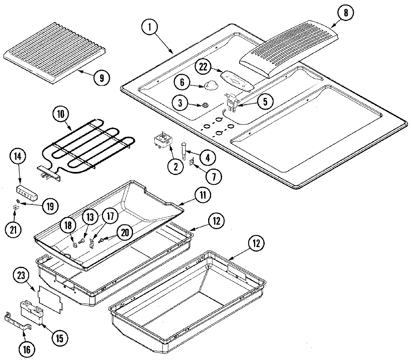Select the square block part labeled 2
[163, 142]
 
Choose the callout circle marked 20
[125, 233]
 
